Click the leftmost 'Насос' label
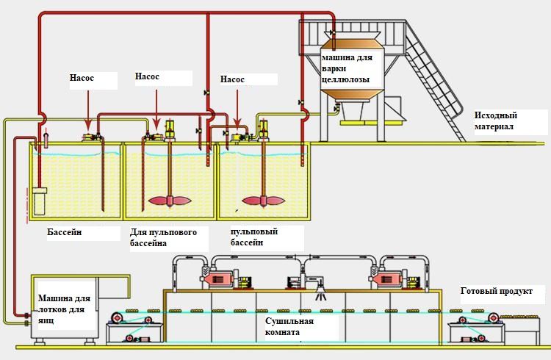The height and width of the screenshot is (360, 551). (x=82, y=78)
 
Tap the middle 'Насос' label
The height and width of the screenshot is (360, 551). (x=147, y=76)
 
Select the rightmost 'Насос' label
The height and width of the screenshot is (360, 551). (x=232, y=79)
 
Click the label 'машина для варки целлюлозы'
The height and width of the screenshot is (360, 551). (x=347, y=68)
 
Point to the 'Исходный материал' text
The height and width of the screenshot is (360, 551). (x=496, y=120)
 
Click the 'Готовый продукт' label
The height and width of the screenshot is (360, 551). (x=496, y=291)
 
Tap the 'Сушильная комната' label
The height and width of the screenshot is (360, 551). (x=289, y=327)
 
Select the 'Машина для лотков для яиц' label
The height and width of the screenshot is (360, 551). (x=64, y=309)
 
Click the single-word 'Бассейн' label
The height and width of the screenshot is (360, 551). (x=65, y=232)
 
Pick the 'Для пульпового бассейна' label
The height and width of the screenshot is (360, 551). (x=163, y=237)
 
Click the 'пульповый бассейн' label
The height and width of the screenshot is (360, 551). (x=254, y=237)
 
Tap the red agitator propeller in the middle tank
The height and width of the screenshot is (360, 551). (x=170, y=201)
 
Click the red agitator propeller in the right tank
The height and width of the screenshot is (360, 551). (x=264, y=201)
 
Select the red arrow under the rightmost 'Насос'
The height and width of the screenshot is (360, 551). (x=237, y=109)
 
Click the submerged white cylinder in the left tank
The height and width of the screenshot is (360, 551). (x=40, y=201)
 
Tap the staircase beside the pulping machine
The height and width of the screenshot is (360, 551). (x=436, y=82)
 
